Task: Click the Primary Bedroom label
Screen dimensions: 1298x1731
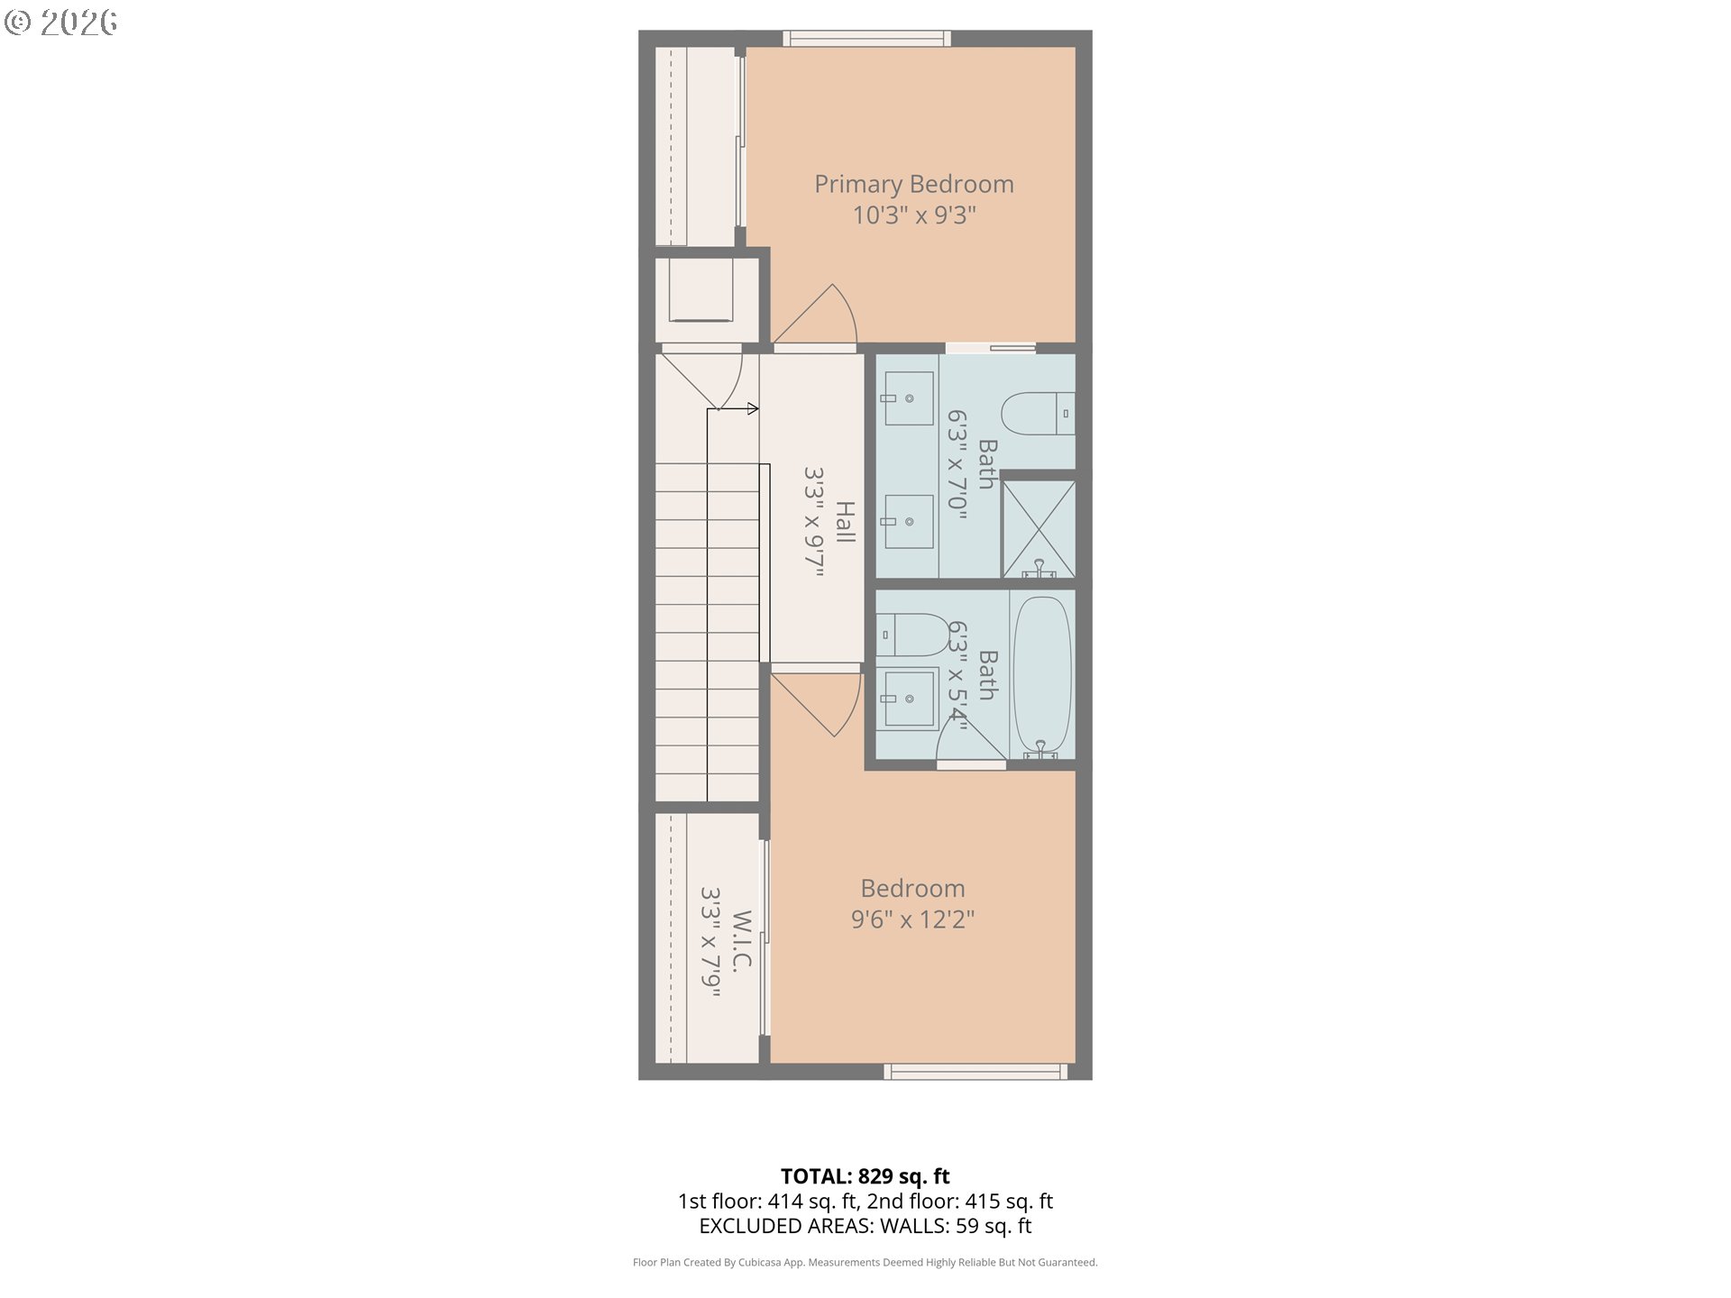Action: [x=913, y=184]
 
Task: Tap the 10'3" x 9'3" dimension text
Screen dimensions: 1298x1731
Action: [x=913, y=215]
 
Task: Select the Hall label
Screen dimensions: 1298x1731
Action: [x=845, y=522]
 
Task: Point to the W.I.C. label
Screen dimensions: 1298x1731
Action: [x=741, y=941]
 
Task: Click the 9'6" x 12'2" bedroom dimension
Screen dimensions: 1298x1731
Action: [x=912, y=919]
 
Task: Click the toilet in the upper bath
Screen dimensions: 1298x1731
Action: [x=1037, y=414]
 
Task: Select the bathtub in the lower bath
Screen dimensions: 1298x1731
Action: [x=1041, y=674]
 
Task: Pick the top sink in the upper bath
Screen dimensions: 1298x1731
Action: [x=908, y=398]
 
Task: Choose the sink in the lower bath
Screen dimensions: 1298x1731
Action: [x=908, y=699]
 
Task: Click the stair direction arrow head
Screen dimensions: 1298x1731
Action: [x=753, y=409]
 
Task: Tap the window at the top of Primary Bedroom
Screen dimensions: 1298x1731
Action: [x=865, y=39]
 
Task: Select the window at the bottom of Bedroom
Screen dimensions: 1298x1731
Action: [x=975, y=1072]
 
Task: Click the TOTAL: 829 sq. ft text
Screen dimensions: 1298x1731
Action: [x=865, y=1176]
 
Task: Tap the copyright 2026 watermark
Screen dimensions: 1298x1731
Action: [x=60, y=22]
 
